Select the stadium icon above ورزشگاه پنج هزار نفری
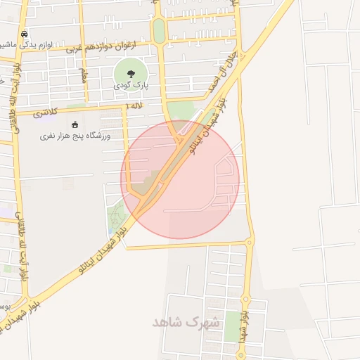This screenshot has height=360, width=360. (x=75, y=124)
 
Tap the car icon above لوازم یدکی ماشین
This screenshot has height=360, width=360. (x=25, y=34)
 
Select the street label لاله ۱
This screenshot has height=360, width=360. (x=132, y=105)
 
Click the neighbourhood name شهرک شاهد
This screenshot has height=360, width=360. (x=186, y=322)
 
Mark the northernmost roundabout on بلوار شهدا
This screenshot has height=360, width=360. (x=249, y=243)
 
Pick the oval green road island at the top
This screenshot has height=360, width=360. (x=159, y=30)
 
